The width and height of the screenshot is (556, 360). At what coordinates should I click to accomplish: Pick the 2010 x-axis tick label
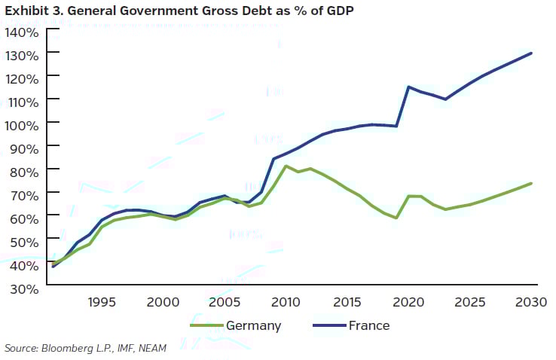coord(286,303)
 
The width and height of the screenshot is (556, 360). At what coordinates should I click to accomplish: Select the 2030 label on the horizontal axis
coord(531,303)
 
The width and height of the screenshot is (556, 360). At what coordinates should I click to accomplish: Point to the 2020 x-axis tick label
coord(409,303)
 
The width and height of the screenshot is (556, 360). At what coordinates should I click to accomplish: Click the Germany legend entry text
coord(255,325)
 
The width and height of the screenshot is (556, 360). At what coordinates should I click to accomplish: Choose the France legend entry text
coord(368,325)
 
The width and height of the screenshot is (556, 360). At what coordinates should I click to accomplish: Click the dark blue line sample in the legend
coord(324,325)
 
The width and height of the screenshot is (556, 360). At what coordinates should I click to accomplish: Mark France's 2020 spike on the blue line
coord(409,87)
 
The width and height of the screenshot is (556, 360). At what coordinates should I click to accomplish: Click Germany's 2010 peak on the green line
coord(286,166)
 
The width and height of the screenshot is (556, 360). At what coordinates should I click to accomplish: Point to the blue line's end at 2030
coord(532,53)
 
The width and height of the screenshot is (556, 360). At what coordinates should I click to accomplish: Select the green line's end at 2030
coord(532,183)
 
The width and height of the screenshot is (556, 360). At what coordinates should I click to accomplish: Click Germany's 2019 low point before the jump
coord(396,218)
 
